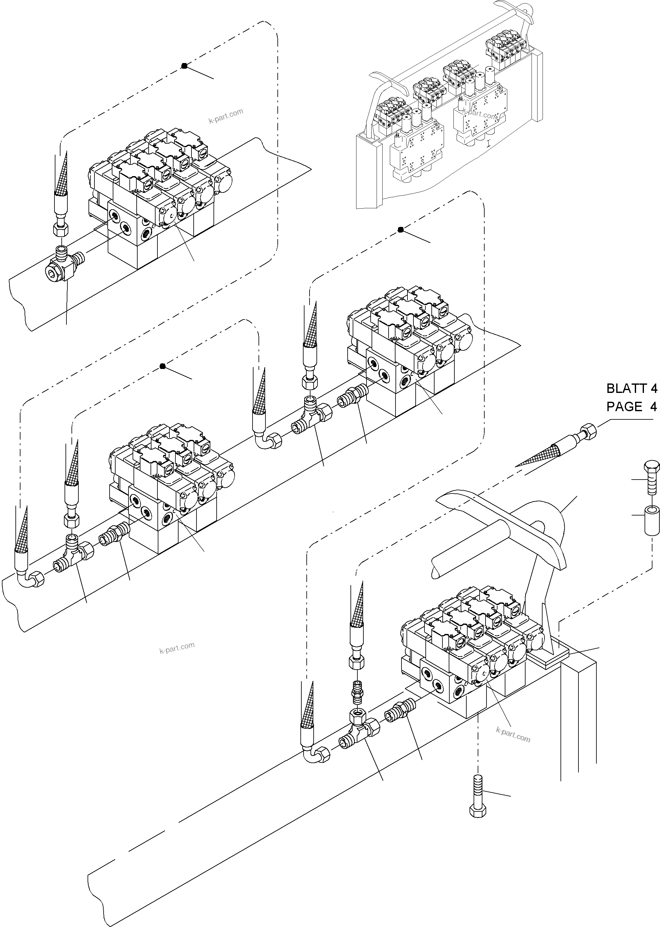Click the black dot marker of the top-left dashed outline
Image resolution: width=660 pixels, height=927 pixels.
(184, 66)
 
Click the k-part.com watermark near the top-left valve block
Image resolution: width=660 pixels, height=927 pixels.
(226, 116)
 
